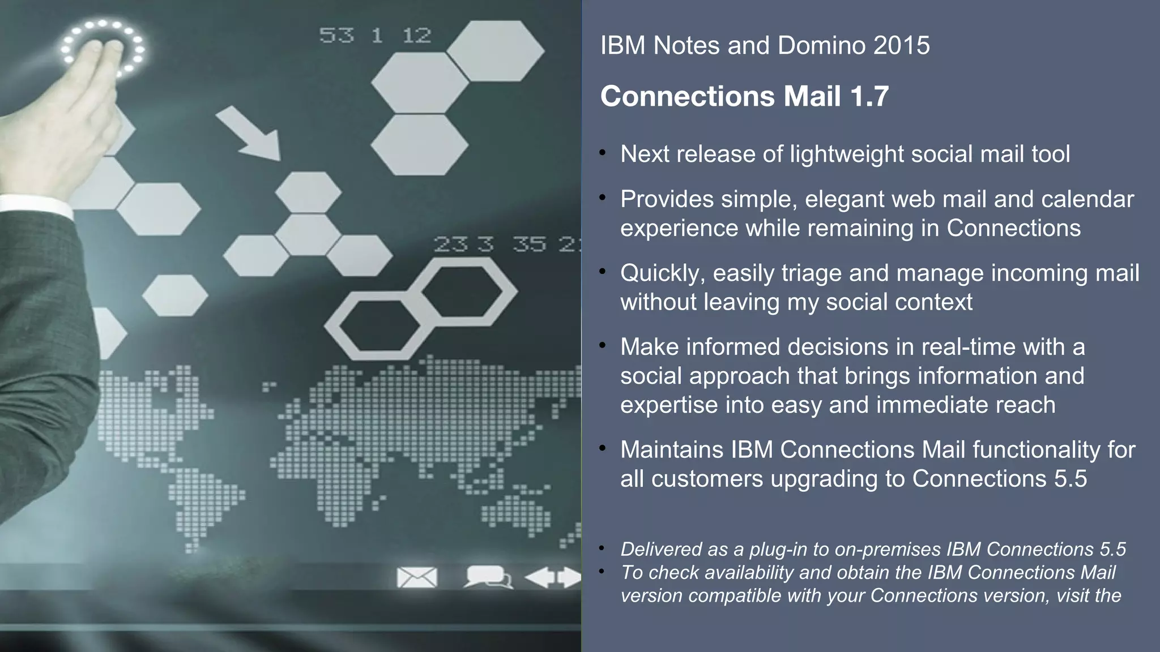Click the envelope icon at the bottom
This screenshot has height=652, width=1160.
[417, 577]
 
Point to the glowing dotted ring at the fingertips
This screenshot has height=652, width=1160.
[103, 49]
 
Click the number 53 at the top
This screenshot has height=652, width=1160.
[336, 36]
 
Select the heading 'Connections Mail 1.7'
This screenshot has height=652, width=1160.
[744, 96]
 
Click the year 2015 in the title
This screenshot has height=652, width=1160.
[901, 45]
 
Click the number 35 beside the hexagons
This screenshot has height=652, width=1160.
[530, 244]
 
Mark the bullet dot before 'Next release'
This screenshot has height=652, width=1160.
[604, 153]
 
